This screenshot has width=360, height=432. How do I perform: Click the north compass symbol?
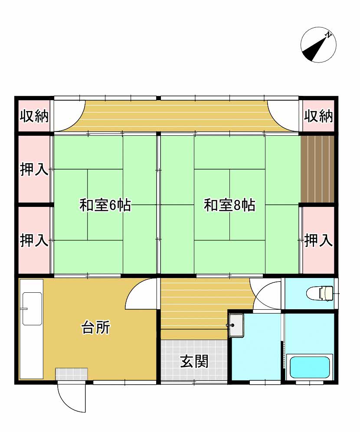click(x=318, y=45)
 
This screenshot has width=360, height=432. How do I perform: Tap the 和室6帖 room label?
click(x=105, y=205)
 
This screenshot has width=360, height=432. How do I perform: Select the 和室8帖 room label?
click(x=229, y=205)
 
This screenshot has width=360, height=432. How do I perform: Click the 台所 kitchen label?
click(x=95, y=327)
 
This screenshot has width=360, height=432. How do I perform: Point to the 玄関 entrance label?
click(x=194, y=361)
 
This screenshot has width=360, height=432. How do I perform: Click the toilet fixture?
click(x=320, y=293)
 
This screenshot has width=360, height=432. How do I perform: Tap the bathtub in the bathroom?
click(x=310, y=367)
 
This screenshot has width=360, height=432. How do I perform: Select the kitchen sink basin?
click(x=32, y=308)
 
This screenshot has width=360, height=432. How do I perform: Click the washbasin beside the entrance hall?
click(x=236, y=325)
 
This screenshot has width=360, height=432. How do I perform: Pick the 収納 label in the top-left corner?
click(x=34, y=116)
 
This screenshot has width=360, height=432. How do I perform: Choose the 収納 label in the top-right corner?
click(x=318, y=116)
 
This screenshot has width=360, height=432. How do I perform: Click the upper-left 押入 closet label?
click(x=34, y=169)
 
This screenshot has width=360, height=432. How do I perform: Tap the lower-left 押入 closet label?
click(x=34, y=240)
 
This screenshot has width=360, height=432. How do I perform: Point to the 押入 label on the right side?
click(x=318, y=240)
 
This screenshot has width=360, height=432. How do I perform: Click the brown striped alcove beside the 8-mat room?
click(x=317, y=169)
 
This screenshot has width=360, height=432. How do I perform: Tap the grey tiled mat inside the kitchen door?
click(x=72, y=374)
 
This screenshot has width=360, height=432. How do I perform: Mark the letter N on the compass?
click(x=328, y=35)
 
